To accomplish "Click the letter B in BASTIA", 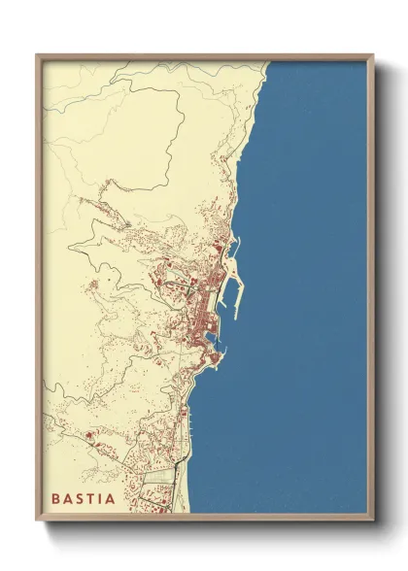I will coord(56,499).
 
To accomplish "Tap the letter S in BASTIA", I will coord(82,499).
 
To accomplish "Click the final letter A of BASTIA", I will coord(112,499).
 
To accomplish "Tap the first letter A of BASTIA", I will coord(69,499).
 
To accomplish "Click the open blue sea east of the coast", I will coord(311,291).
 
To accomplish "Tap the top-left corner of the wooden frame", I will coord(37,54).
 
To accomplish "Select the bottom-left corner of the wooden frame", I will coord(37,521).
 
